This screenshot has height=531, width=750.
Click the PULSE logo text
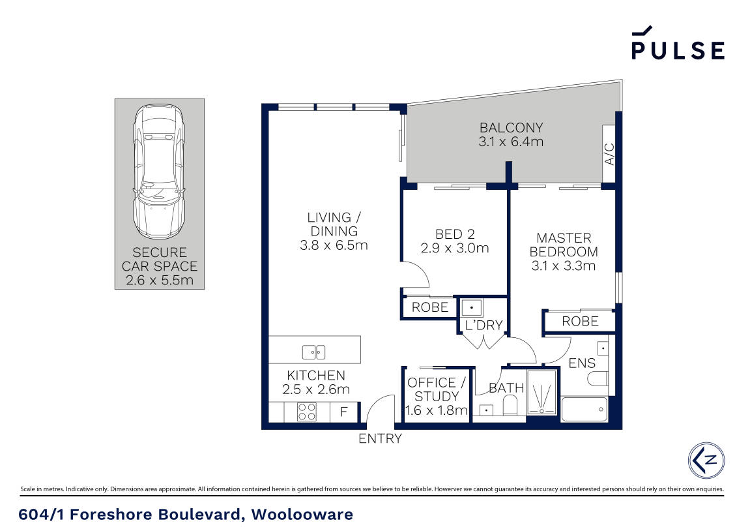678,50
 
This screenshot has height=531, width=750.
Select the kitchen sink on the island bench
313,352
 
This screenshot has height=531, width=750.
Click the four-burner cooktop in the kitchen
307,412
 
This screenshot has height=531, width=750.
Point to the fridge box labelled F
344,412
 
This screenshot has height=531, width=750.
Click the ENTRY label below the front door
380,439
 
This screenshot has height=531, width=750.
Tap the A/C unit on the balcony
609,153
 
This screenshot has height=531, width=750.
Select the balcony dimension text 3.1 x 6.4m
511,142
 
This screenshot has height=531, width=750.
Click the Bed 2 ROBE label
430,307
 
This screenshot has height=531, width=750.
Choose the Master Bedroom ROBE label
580,321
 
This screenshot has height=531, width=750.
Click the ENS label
582,363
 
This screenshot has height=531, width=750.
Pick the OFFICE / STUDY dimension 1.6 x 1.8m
437,410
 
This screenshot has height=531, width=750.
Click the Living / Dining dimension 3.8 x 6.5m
334,245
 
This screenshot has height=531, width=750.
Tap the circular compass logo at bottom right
706,460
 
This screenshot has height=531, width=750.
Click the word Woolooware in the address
302,515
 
